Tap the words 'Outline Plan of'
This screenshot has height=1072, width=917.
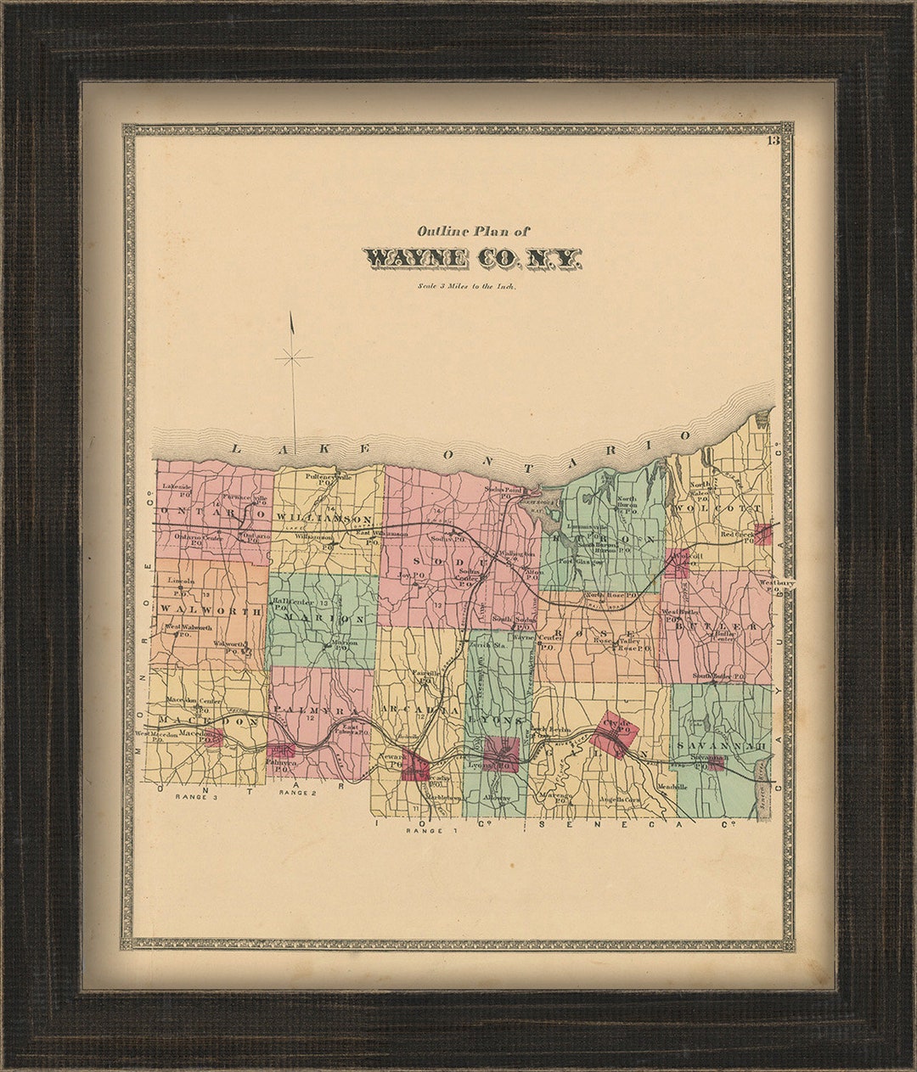pyautogui.click(x=472, y=230)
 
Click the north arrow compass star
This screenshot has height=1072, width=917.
pyautogui.click(x=293, y=358)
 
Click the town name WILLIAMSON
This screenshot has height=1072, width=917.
pyautogui.click(x=322, y=518)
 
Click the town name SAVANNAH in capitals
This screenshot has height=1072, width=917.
pyautogui.click(x=722, y=744)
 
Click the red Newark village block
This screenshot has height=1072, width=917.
pyautogui.click(x=416, y=765)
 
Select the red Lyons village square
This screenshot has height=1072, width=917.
pyautogui.click(x=500, y=753)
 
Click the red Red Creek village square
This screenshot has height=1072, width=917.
pyautogui.click(x=762, y=534)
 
